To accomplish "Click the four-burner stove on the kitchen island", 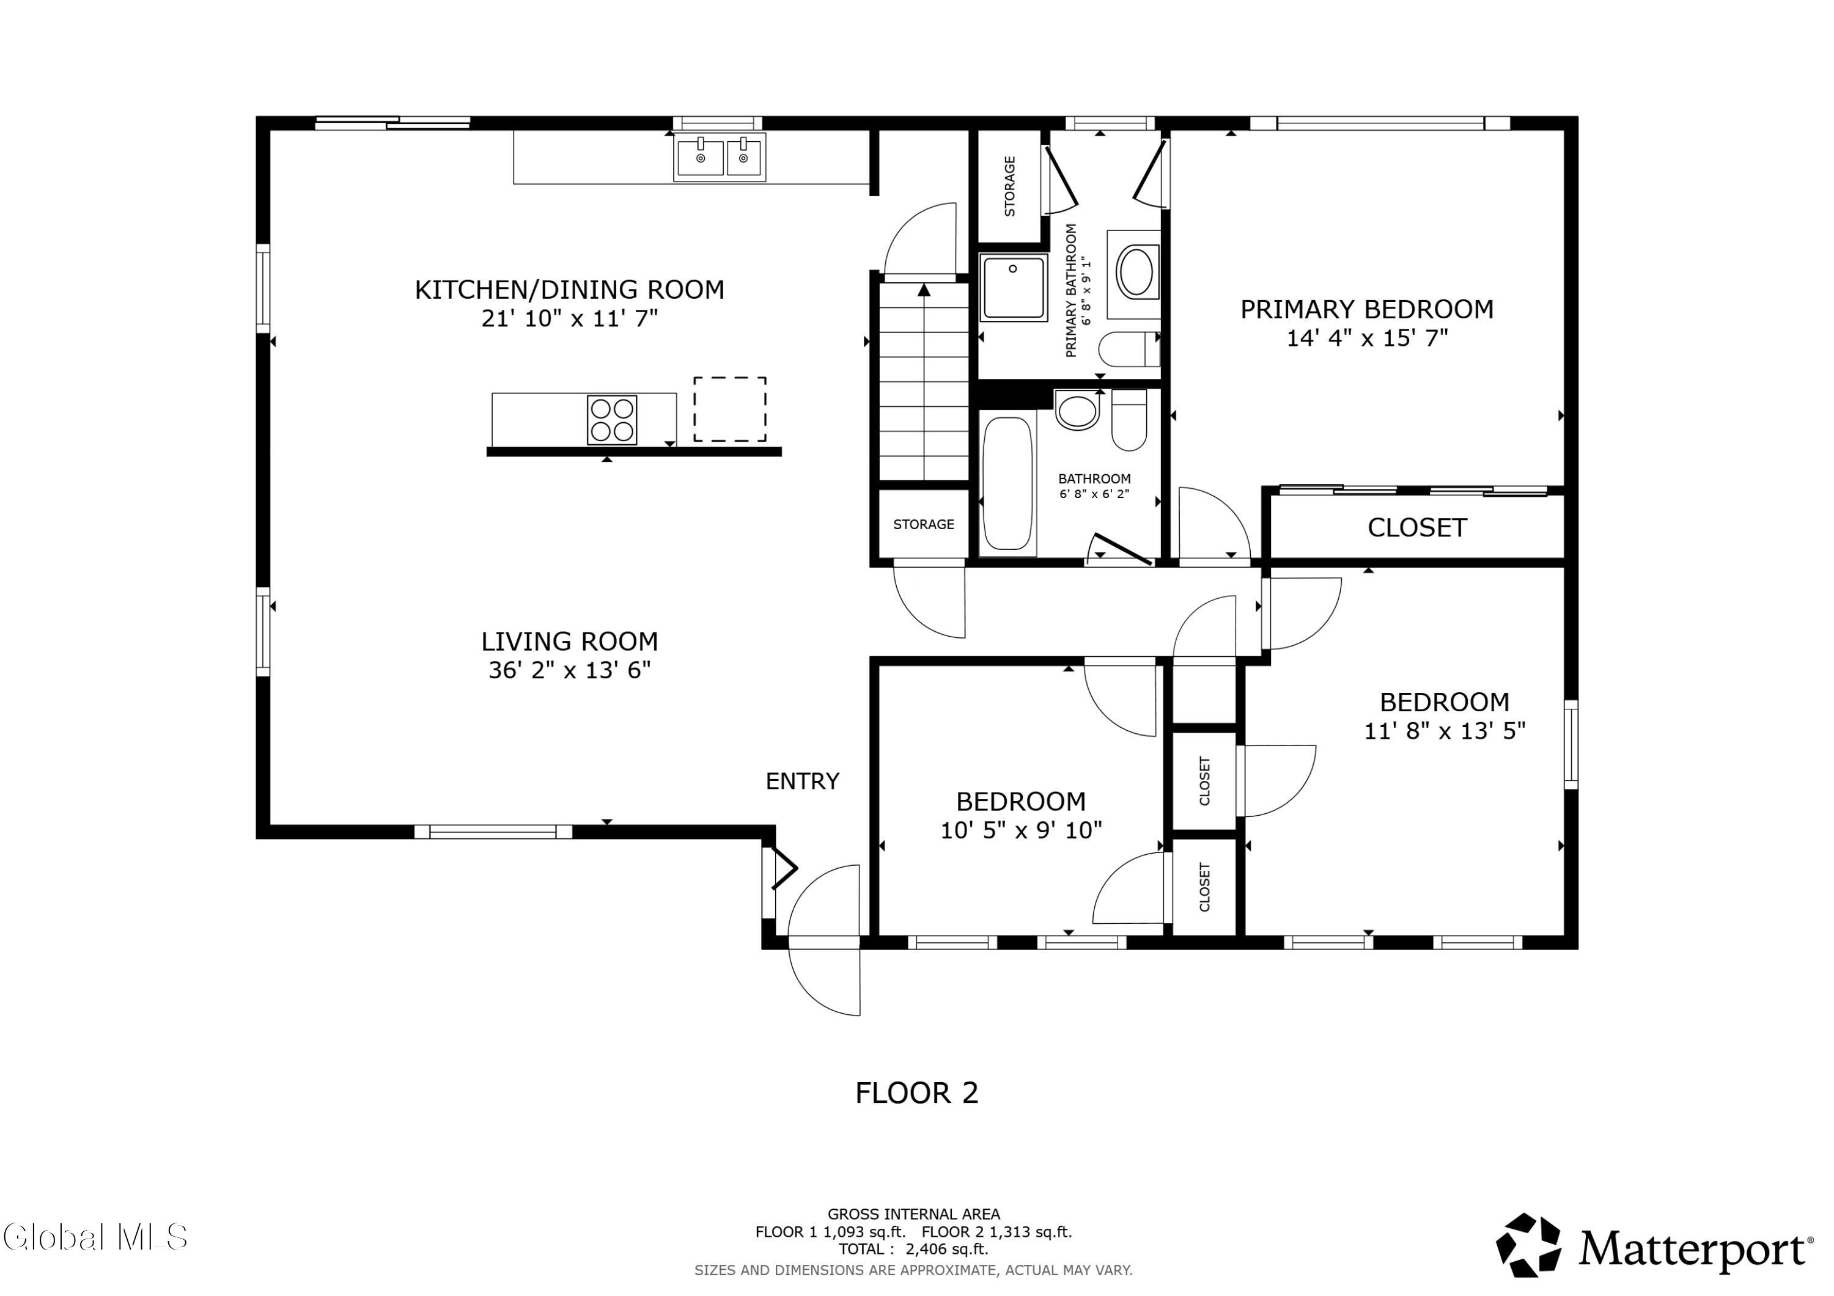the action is (612, 420).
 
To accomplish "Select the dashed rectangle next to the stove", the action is (729, 409).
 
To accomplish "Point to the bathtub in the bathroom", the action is (1008, 483).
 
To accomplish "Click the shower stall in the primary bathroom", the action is (1014, 287).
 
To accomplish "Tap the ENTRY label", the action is (802, 781).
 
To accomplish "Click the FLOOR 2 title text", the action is (916, 1093).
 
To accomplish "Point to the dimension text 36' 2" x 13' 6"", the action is (570, 670).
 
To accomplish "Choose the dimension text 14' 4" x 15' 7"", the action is (1367, 338).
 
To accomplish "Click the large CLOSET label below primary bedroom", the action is (1417, 528).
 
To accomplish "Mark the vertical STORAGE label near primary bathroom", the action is (1010, 186).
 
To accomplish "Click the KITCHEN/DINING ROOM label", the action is (570, 289).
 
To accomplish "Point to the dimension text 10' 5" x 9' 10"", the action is (1021, 830).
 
